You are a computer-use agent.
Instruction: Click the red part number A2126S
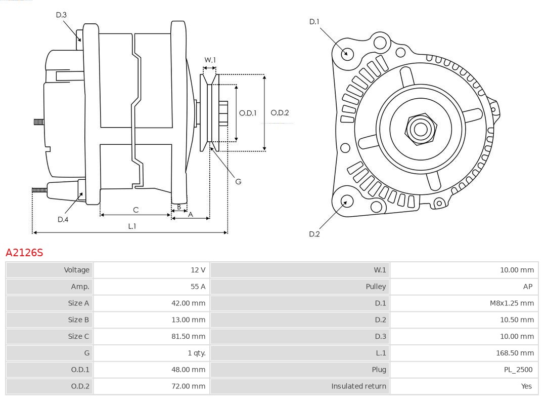pos(24,252)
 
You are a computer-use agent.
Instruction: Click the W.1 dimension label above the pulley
pos(210,60)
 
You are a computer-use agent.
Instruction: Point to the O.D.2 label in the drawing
pos(280,113)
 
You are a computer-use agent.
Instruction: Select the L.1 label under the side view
pos(131,226)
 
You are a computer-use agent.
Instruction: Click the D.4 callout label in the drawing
pos(63,219)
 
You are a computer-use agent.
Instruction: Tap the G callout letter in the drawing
pos(239,181)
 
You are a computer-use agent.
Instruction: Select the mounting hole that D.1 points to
pos(347,53)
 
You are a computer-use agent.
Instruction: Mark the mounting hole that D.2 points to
pos(346,202)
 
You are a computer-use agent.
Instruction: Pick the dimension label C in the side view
pos(135,210)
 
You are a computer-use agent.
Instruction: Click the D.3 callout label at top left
pos(61,15)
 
